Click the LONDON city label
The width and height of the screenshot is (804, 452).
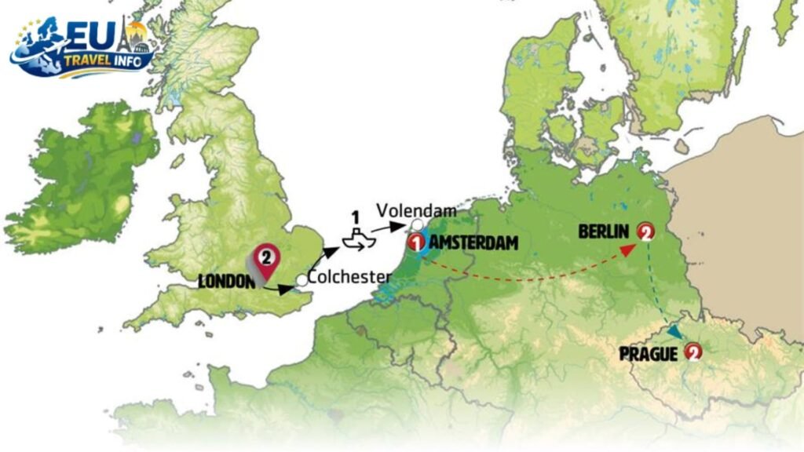[x=226, y=281]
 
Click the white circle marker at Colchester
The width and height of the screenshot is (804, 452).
[x=301, y=280]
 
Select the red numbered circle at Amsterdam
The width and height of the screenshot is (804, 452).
[x=416, y=243]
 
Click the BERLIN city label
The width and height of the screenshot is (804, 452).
[x=605, y=231]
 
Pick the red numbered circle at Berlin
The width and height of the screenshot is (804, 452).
[x=645, y=231]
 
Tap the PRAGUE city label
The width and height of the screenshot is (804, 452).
[x=649, y=354]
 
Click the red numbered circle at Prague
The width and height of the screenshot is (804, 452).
[x=693, y=353]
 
